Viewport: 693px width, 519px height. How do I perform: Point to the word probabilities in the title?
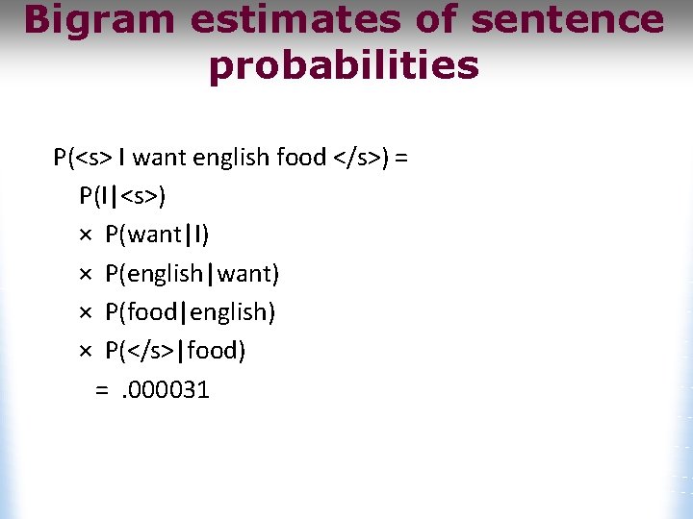point(344,66)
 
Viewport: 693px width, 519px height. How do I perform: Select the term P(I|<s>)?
point(122,196)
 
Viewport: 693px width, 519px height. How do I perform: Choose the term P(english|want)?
point(192,274)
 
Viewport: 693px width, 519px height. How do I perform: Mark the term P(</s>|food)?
point(175,351)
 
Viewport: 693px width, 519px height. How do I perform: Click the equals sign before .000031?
point(102,389)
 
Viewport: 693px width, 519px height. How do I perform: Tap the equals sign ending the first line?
point(401,158)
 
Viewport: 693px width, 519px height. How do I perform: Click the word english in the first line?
point(231,158)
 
